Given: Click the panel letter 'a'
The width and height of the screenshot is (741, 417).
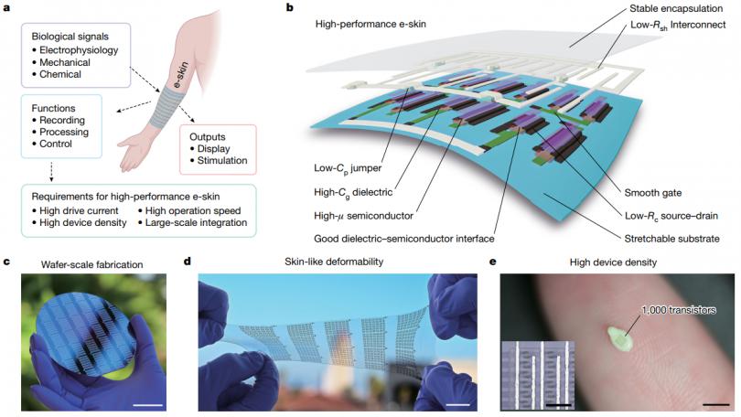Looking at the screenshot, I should click(6, 8).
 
